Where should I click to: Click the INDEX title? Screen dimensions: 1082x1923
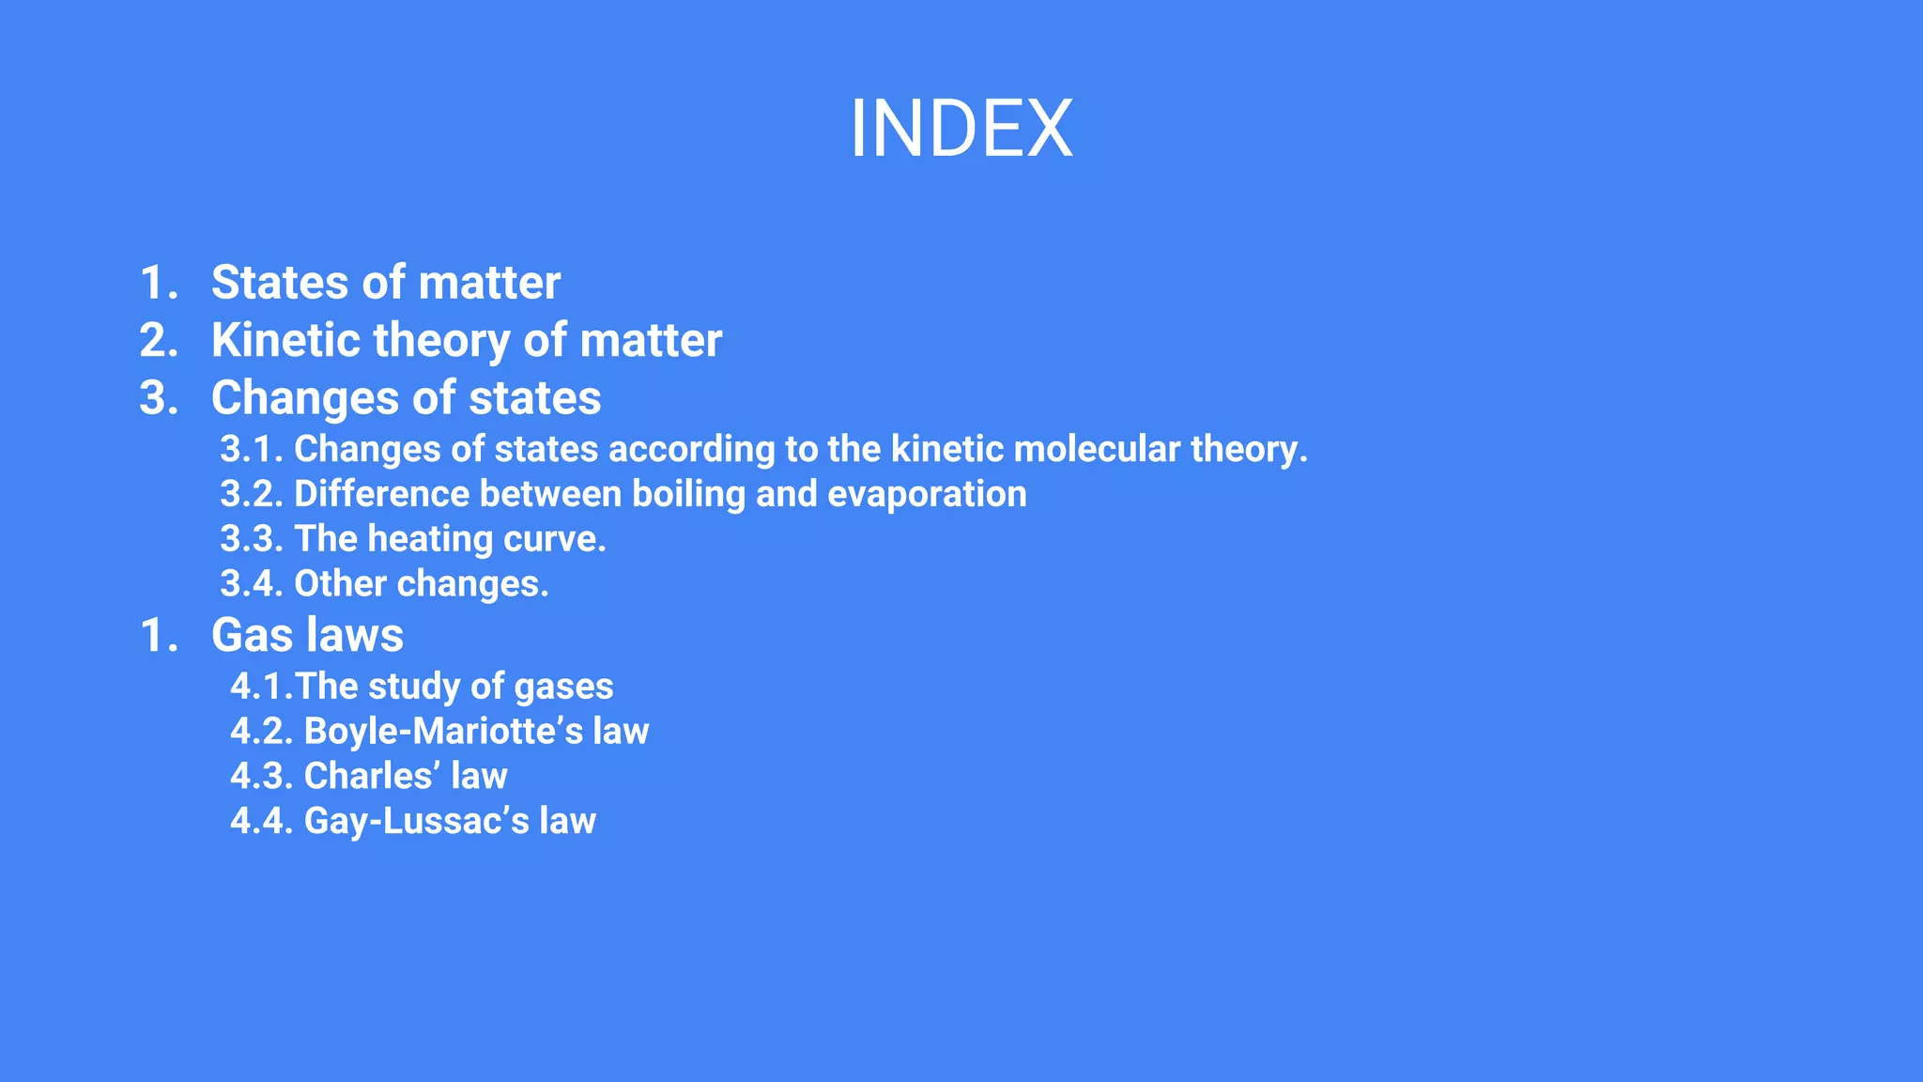point(961,129)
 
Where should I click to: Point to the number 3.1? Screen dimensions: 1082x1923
point(251,449)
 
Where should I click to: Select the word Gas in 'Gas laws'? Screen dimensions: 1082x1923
point(252,636)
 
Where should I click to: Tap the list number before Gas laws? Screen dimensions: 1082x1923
point(158,636)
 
